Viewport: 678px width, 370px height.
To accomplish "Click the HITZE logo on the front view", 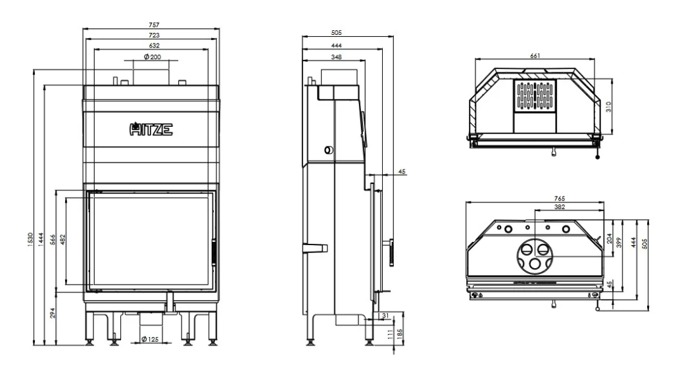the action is pos(151,129).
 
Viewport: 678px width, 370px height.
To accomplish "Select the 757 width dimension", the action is pos(155,25).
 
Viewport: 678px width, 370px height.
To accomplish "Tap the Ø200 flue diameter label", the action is pos(152,57).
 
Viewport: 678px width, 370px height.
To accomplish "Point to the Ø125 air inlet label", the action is pos(150,339).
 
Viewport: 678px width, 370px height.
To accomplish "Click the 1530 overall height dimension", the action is pos(30,240).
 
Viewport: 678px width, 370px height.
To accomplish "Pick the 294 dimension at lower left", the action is pos(53,313).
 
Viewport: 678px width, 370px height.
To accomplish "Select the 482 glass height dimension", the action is pos(62,240).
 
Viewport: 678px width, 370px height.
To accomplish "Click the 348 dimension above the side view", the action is pos(336,57).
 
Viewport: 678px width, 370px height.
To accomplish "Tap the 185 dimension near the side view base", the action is pos(400,334).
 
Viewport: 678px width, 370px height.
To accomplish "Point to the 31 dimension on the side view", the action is pos(386,316).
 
